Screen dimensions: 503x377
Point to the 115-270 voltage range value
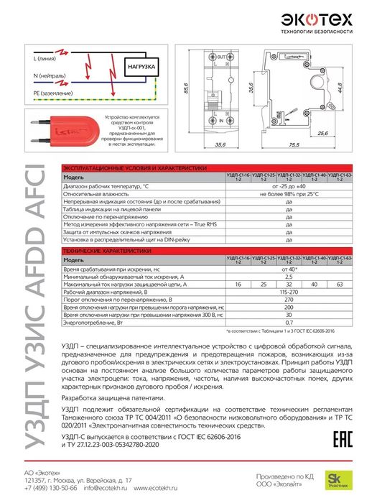tap(289, 293)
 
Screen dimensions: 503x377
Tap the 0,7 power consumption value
tap(289, 323)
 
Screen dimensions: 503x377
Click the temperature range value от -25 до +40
tap(289, 186)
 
